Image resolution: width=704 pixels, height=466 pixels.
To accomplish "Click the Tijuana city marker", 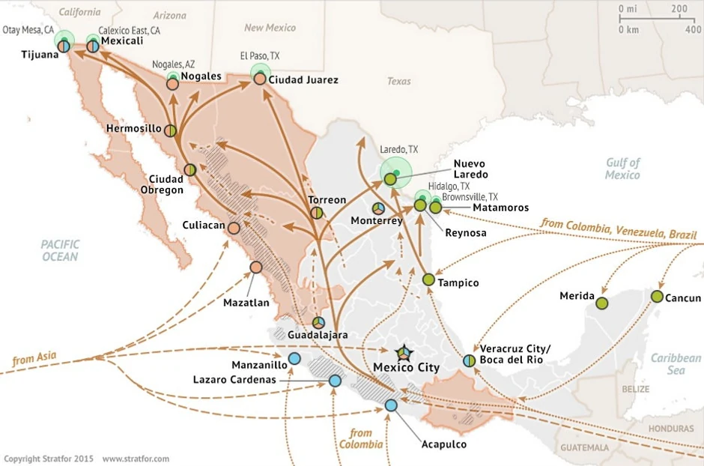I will (64, 46).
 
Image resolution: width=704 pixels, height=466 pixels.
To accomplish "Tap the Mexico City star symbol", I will (403, 352).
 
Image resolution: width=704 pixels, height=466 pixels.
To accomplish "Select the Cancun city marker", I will (657, 296).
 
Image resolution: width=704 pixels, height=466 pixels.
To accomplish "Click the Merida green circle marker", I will (601, 302).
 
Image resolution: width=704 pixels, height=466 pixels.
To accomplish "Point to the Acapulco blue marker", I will (391, 405).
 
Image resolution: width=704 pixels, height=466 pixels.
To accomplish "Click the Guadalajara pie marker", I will (319, 322).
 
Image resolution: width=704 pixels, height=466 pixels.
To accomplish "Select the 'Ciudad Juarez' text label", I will (303, 79).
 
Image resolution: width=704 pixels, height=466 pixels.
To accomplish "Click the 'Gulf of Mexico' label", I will (623, 169).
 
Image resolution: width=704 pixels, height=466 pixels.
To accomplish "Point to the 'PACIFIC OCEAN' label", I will (60, 250).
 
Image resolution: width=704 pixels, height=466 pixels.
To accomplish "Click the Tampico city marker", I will (428, 279).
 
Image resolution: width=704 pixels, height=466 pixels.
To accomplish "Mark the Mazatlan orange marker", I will (256, 267).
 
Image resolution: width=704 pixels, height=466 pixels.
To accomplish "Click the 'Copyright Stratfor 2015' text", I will (49, 458).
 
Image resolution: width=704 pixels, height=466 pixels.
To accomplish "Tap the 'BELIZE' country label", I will (635, 390).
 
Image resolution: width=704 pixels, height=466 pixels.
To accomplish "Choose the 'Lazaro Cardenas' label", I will (234, 380).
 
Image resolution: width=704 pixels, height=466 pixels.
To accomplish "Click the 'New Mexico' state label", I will (270, 28).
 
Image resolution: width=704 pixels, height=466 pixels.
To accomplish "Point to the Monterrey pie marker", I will (379, 208).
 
